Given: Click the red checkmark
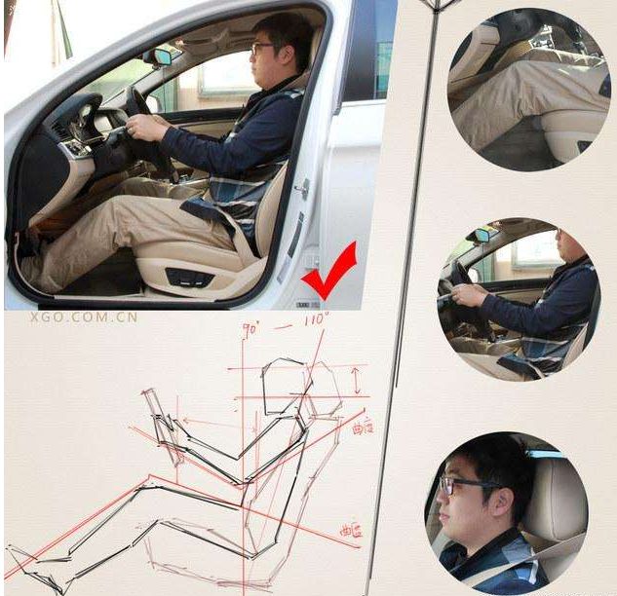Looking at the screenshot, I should pyautogui.click(x=328, y=275).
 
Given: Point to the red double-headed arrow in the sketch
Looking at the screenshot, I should pyautogui.click(x=356, y=379).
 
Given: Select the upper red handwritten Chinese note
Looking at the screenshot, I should pyautogui.click(x=362, y=426).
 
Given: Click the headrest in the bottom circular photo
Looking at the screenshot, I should pyautogui.click(x=557, y=502).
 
